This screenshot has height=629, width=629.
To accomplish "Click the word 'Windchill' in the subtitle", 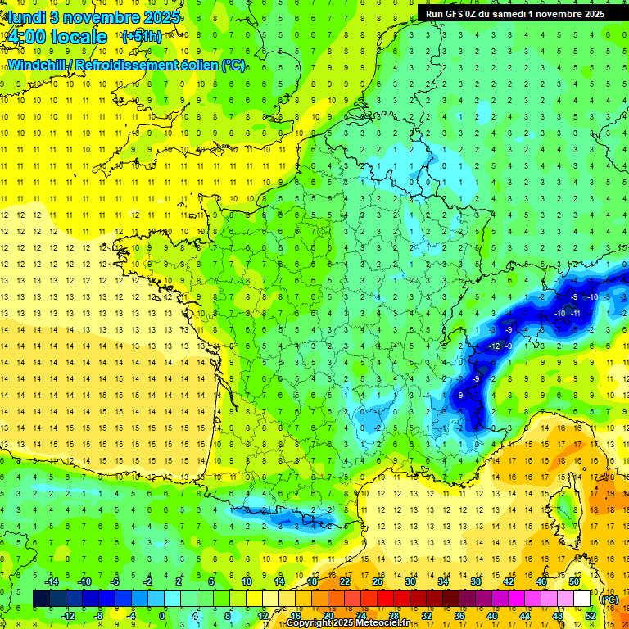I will coord(34,66).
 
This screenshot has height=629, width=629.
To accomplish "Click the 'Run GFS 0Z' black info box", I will coord(514,13).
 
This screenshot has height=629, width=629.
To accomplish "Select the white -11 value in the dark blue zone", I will coord(575,314).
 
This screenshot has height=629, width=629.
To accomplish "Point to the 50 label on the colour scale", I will coord(574,581).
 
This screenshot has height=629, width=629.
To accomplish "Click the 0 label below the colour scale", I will coord(162,615).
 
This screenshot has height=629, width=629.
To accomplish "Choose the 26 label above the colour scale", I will coord(377,581).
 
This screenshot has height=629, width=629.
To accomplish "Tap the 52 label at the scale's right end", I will coord(591,615).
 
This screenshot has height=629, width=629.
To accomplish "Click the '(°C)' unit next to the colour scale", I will coord(609,599).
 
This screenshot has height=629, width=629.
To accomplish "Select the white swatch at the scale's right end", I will coord(582,598).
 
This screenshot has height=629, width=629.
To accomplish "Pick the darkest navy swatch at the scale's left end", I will coord(41,598).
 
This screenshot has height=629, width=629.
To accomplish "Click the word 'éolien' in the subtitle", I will coord(198,66).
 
